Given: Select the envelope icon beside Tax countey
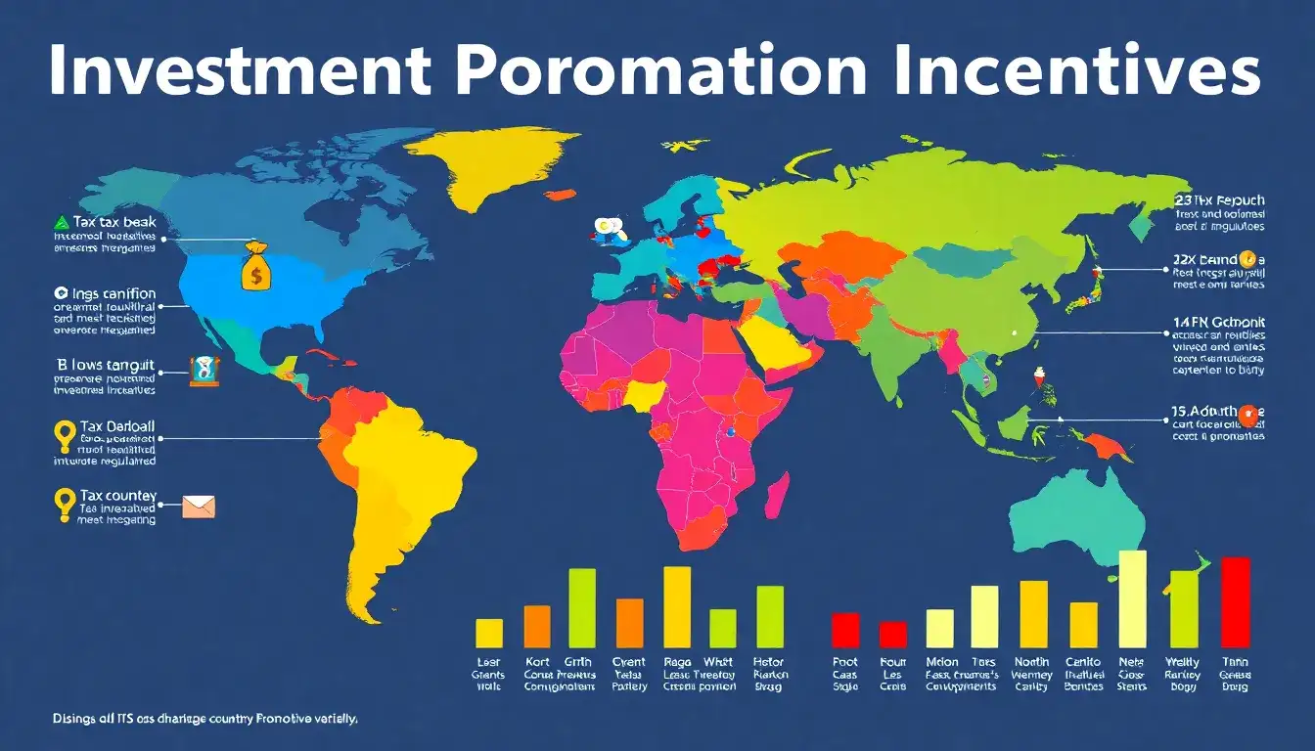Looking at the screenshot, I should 199,506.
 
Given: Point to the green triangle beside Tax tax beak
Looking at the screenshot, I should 61,222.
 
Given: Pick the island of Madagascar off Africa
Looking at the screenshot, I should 775,495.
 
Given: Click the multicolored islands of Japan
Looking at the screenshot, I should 1085,284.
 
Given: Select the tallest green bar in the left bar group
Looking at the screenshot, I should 582,607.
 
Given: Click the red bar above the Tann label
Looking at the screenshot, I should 1236,601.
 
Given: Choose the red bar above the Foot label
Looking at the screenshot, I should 845,630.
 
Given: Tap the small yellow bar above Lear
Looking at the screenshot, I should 488,633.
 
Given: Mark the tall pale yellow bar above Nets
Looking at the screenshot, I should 1132,598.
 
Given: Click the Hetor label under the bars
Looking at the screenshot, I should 770,662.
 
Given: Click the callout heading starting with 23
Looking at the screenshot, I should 1218,199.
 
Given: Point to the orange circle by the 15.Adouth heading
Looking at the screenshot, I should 1247,414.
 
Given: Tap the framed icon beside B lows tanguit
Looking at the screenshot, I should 204,370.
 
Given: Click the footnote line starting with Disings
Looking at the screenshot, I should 205,719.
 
